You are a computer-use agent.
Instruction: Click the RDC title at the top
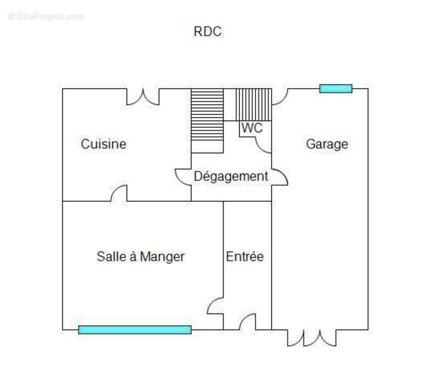(208, 32)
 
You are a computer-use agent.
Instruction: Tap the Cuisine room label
(103, 144)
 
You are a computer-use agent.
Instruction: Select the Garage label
(327, 144)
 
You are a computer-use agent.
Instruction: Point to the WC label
(252, 128)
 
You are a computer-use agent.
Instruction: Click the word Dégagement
(231, 177)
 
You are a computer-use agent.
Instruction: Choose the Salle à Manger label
(141, 257)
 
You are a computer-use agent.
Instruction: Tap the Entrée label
(245, 256)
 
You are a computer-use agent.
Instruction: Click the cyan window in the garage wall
(336, 89)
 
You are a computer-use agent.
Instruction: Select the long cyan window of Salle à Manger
(135, 330)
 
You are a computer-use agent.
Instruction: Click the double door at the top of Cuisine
(143, 97)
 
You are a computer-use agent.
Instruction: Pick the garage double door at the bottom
(312, 338)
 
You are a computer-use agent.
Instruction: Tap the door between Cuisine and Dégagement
(183, 177)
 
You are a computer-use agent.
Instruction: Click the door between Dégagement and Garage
(280, 177)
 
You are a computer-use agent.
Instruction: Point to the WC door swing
(263, 145)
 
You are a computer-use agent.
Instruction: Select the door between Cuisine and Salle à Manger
(119, 193)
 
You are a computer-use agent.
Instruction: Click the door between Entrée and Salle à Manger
(215, 305)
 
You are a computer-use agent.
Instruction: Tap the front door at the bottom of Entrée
(248, 322)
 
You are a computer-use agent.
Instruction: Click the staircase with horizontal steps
(207, 121)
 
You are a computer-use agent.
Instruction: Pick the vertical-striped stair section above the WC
(254, 104)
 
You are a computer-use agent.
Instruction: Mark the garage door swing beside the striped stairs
(280, 97)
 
